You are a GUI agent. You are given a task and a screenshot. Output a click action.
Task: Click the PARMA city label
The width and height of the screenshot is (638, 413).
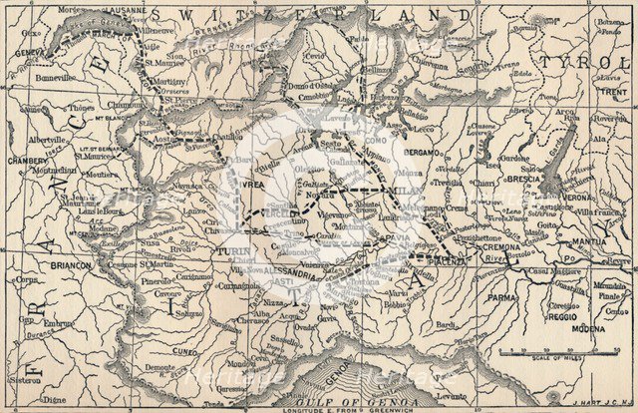point(502,296)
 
